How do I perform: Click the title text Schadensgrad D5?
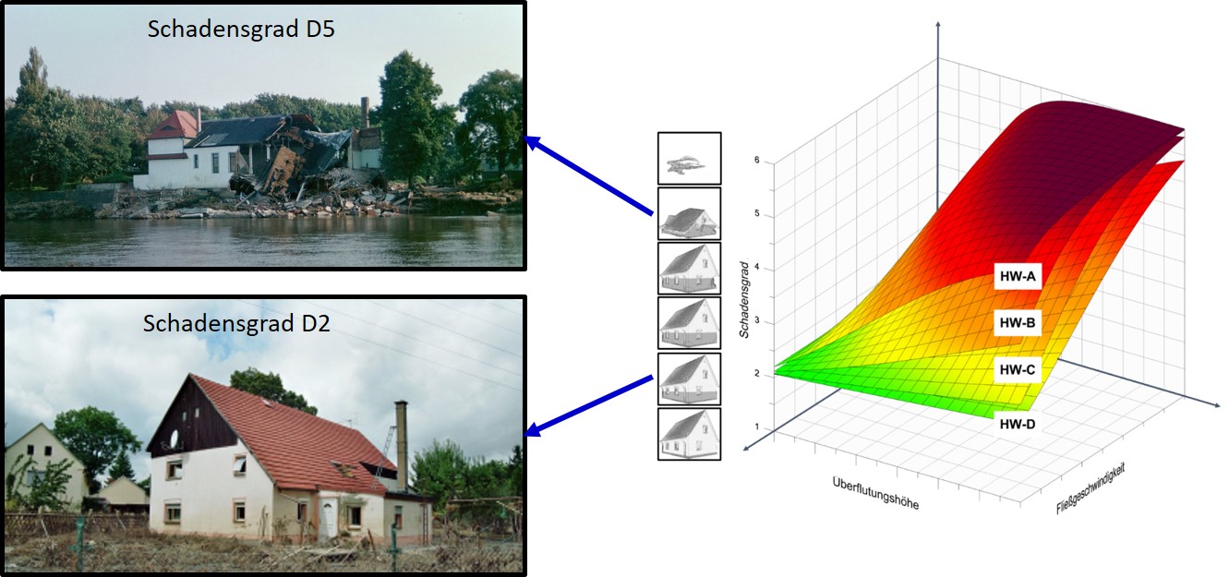[x=241, y=30]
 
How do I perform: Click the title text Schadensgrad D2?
[x=236, y=324]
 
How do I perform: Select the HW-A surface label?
[x=1018, y=276]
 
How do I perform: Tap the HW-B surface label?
[x=1018, y=323]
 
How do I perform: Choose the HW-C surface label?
[x=1018, y=369]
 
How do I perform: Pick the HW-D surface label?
[x=1018, y=424]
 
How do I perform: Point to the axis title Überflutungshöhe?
[x=875, y=493]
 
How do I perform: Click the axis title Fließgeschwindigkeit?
[x=1090, y=488]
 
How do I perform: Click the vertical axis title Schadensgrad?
[x=744, y=299]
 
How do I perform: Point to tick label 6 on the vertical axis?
[x=757, y=160]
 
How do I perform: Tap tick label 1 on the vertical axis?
[x=757, y=427]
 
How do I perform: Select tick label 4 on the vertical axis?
[x=757, y=267]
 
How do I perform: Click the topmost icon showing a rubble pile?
[x=689, y=159]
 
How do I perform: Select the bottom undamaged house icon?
[x=689, y=434]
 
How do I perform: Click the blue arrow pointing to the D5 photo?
[x=589, y=175]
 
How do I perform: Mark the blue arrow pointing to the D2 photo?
[x=589, y=406]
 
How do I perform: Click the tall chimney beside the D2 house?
[x=402, y=445]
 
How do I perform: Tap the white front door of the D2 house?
[x=328, y=517]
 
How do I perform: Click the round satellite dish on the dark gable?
[x=175, y=439]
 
